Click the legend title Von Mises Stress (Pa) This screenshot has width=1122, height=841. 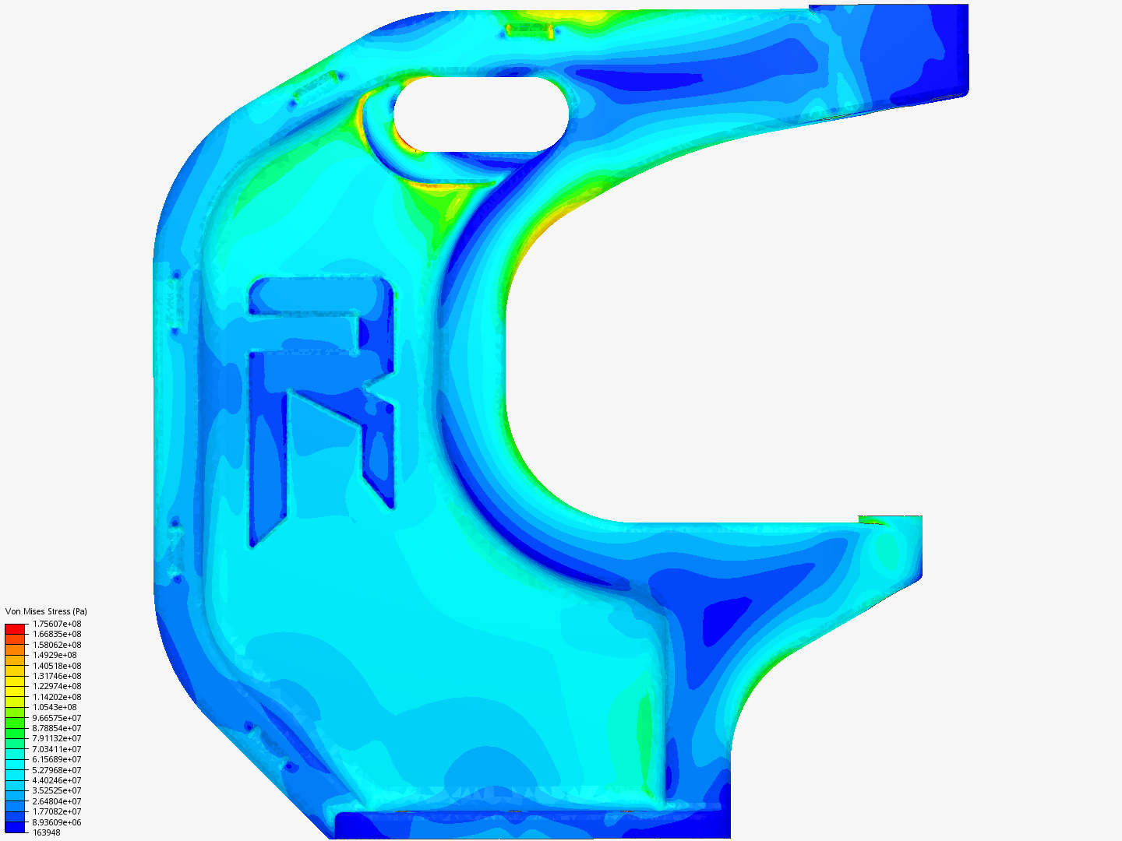point(46,611)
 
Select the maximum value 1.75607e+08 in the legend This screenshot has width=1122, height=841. point(57,624)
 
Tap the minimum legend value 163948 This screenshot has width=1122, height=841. point(47,833)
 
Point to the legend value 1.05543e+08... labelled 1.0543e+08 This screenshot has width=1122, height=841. point(55,707)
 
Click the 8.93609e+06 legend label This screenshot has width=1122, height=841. point(57,822)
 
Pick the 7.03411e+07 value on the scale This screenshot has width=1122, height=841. point(57,749)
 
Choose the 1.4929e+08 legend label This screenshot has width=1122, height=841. point(55,655)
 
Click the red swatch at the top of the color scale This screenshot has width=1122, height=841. point(15,629)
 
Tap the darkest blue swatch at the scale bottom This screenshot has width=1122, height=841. point(15,827)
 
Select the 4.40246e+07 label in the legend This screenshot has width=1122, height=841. point(57,780)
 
